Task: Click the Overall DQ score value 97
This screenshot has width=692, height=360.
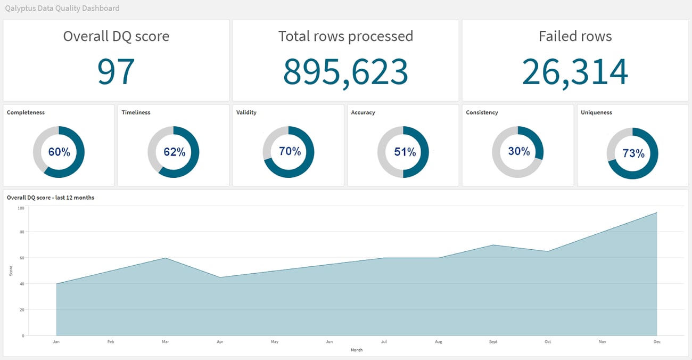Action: point(116,71)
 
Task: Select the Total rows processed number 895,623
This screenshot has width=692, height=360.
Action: point(345,71)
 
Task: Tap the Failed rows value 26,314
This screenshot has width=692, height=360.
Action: point(575,71)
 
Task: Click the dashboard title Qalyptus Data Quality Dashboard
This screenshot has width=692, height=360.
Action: point(62,9)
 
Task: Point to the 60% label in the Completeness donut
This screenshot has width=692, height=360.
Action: point(59,152)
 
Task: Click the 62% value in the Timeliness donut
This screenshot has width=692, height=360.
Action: point(174,152)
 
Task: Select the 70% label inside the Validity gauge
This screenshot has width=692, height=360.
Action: point(290,151)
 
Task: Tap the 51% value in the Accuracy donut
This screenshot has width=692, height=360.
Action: point(405,152)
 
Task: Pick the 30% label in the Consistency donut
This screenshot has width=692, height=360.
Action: point(518,151)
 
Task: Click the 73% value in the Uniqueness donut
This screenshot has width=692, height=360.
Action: point(633,153)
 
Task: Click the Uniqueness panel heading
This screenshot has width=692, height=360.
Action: point(596,112)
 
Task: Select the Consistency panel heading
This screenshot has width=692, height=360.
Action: point(482,112)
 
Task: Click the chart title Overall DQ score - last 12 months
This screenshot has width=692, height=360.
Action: point(51,198)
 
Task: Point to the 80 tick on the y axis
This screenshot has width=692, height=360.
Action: point(22,232)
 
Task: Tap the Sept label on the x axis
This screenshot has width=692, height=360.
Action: point(493,341)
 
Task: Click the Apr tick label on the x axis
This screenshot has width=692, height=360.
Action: point(219,341)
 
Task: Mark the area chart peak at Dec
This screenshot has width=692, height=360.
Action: point(657,212)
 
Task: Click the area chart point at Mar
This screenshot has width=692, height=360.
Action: point(165,258)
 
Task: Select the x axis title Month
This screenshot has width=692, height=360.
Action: point(356,350)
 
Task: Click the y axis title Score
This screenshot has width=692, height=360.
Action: point(11,271)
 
